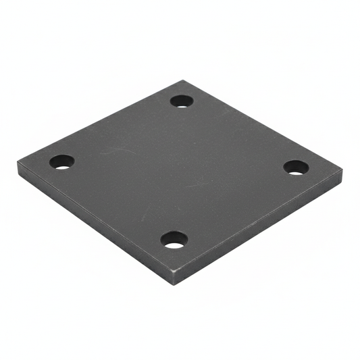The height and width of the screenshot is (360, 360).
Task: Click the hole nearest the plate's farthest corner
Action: pos(182,101)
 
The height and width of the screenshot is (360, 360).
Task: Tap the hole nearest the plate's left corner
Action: pos(61,162)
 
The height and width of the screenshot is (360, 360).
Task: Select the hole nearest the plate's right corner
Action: pos(296,167)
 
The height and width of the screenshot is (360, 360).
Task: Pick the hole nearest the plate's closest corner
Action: pos(174,239)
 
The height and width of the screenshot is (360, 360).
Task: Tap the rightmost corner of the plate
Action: pos(342,170)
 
